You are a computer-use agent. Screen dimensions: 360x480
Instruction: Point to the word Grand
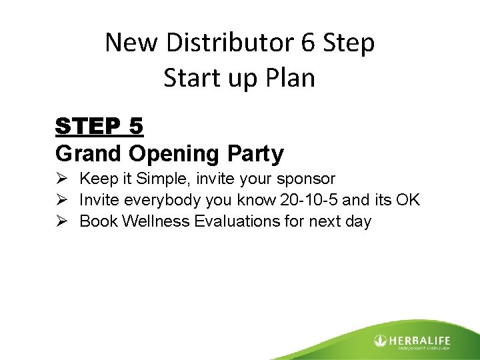tap(88, 154)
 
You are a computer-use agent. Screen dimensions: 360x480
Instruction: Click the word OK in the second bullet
tap(406, 200)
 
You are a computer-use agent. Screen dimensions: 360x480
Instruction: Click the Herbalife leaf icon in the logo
tap(380, 341)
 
